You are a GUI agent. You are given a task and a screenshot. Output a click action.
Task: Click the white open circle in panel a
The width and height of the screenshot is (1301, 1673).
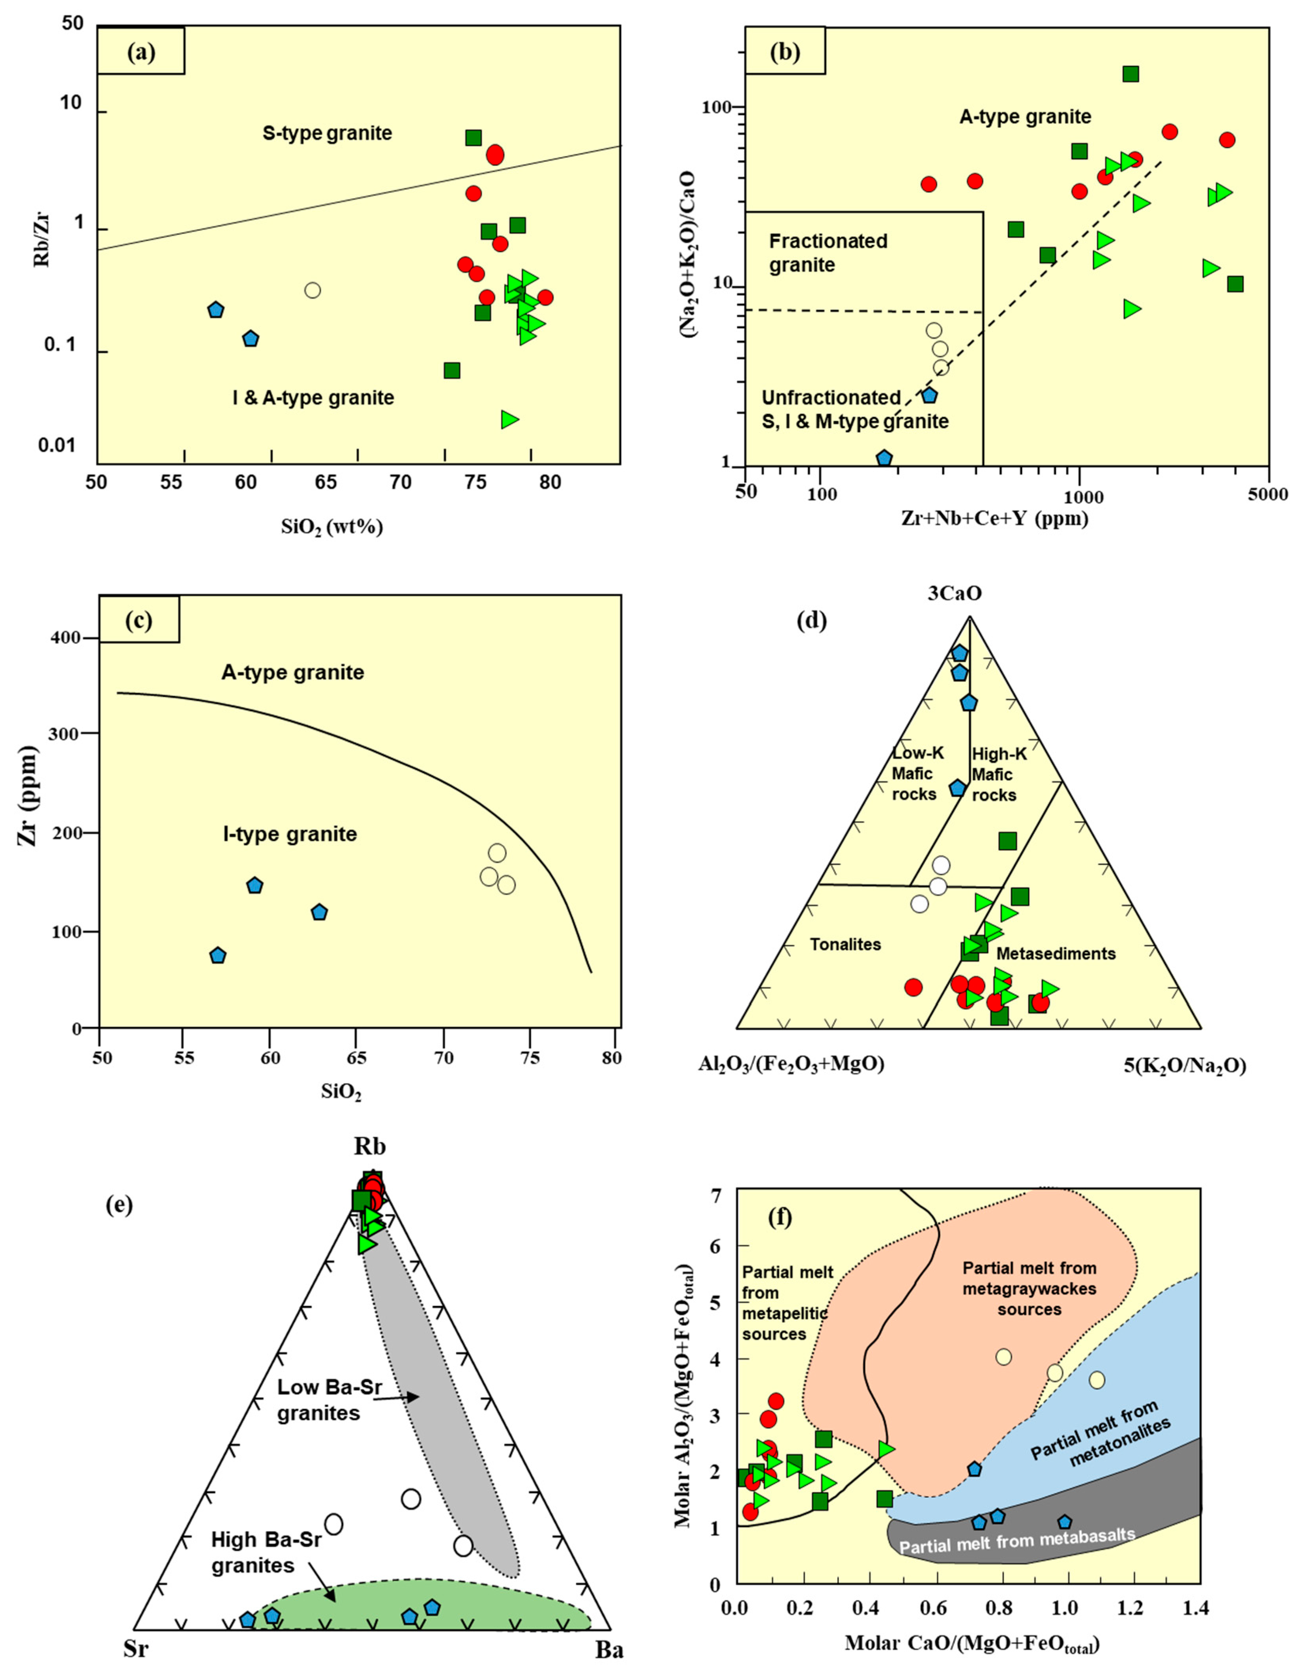point(312,290)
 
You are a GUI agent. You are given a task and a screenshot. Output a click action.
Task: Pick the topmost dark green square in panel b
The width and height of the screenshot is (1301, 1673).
point(1130,73)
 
